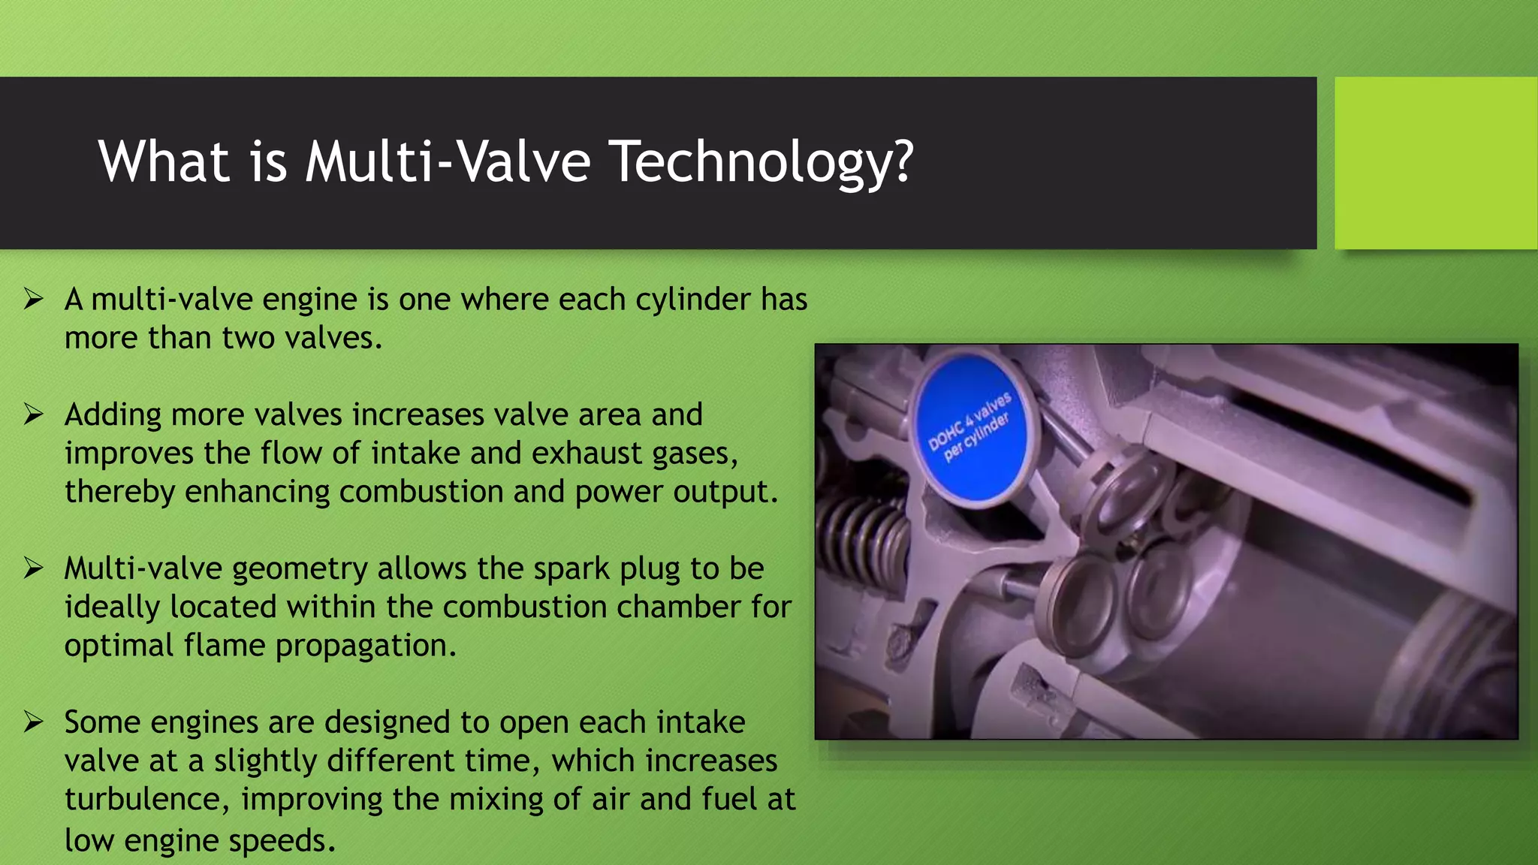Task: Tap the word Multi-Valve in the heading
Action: (x=448, y=161)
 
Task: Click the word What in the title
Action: (x=164, y=161)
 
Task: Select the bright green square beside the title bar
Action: (x=1436, y=163)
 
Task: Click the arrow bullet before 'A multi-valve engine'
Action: (x=33, y=299)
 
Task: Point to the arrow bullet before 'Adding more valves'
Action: (x=33, y=414)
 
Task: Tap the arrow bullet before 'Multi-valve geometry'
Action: (x=33, y=568)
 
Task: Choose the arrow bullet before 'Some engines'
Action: (x=33, y=722)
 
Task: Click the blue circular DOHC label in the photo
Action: (x=971, y=428)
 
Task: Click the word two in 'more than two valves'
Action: (x=238, y=338)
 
